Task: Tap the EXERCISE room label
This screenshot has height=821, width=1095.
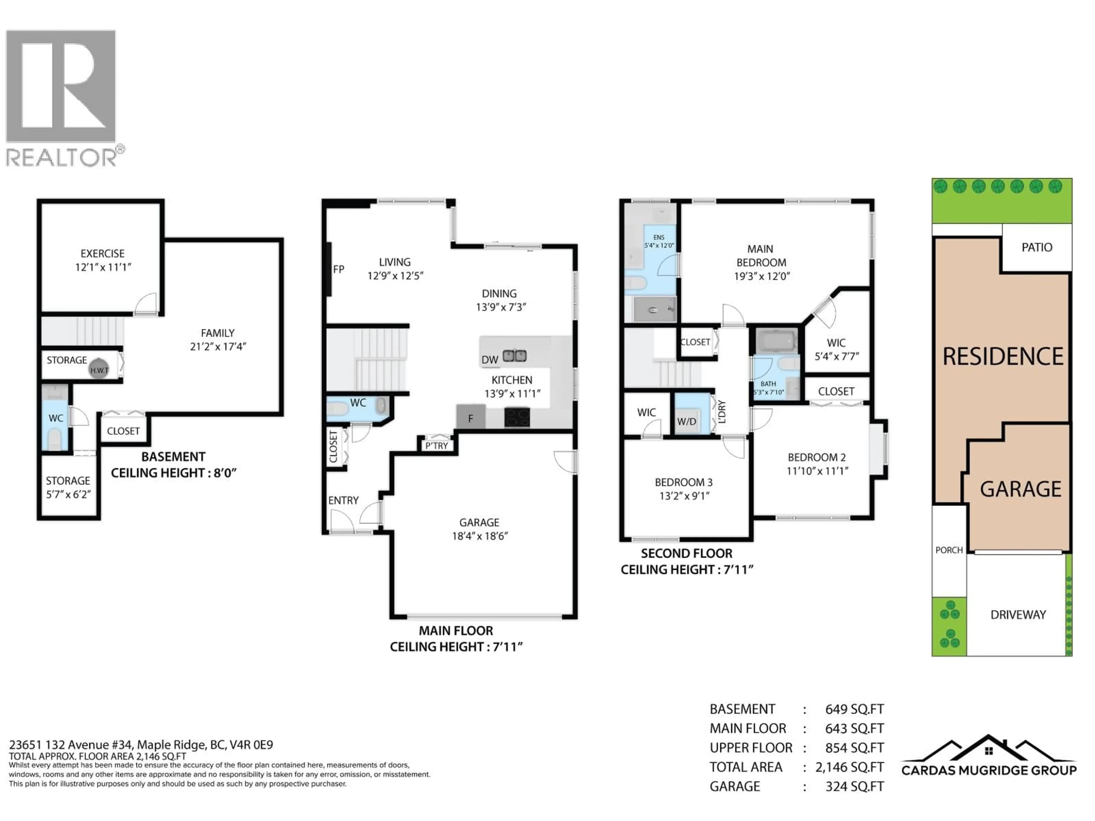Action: coord(102,253)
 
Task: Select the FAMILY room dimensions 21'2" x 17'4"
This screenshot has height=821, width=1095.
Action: coord(218,346)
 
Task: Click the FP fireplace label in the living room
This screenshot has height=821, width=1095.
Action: coord(338,269)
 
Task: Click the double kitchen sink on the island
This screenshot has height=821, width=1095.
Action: coord(515,355)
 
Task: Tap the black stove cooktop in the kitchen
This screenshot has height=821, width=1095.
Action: coord(517,417)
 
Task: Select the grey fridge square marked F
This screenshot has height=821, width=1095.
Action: coord(470,417)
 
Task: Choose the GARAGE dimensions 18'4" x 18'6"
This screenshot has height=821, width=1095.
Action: coord(480,536)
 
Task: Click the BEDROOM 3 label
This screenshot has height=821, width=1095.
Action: coord(683,482)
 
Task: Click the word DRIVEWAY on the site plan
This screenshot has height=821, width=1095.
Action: coord(1018,615)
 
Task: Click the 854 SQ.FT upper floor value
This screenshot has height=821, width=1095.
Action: coord(854,748)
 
